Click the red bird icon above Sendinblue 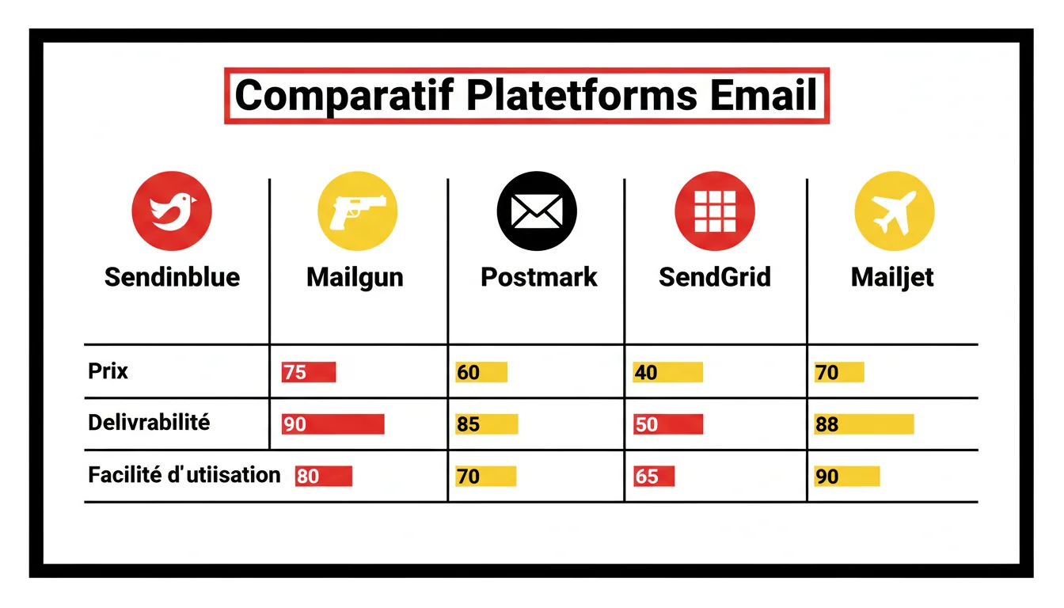pos(172,211)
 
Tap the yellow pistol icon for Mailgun pos(357,211)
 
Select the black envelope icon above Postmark pos(537,211)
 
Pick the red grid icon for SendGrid pos(715,211)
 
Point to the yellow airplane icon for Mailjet pos(895,211)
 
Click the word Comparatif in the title pos(344,96)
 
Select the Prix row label pos(108,370)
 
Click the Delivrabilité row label pos(149,422)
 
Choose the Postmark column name pos(539,277)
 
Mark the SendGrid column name pos(715,277)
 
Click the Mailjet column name pos(892,277)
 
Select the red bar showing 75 pos(309,372)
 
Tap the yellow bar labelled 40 pos(667,372)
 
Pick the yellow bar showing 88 pos(864,424)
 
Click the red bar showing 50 pos(668,424)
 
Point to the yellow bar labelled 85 pos(486,424)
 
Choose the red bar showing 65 pos(654,477)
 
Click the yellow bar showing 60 pos(481,372)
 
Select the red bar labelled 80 pos(323,477)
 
